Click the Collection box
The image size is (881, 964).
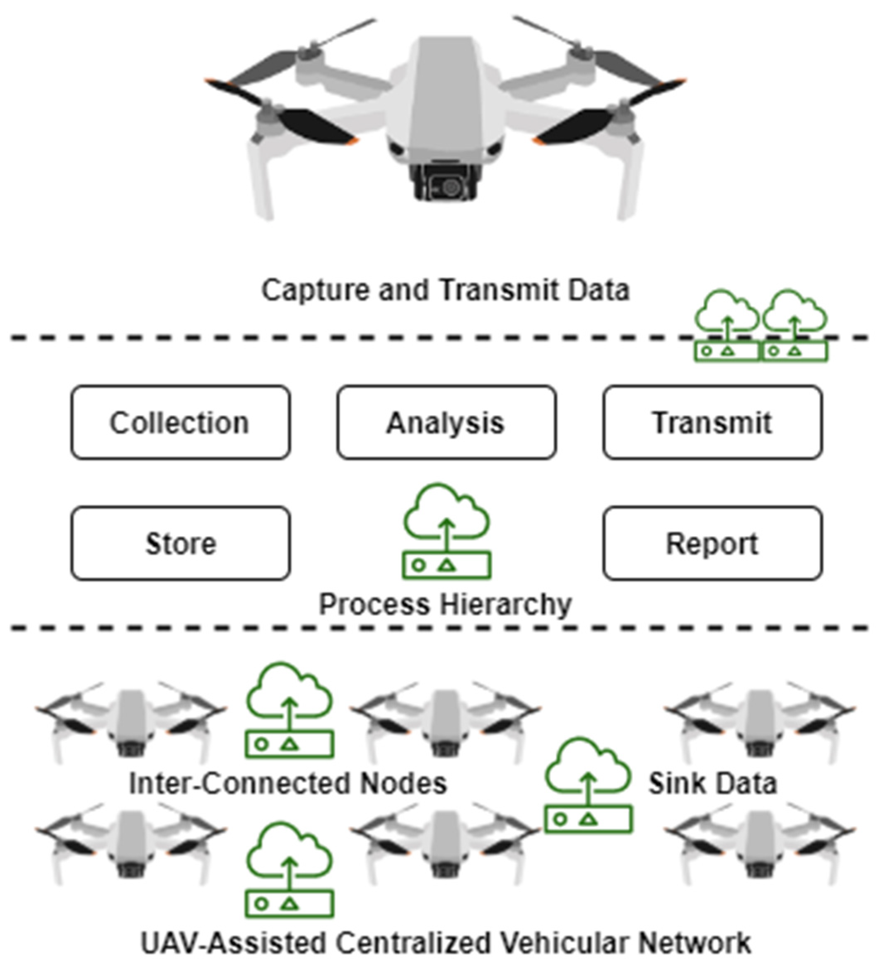(x=180, y=423)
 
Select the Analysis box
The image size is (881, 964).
(x=446, y=423)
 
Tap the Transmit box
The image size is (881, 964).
(x=712, y=423)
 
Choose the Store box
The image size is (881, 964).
(x=180, y=544)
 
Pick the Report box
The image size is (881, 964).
(x=712, y=544)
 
